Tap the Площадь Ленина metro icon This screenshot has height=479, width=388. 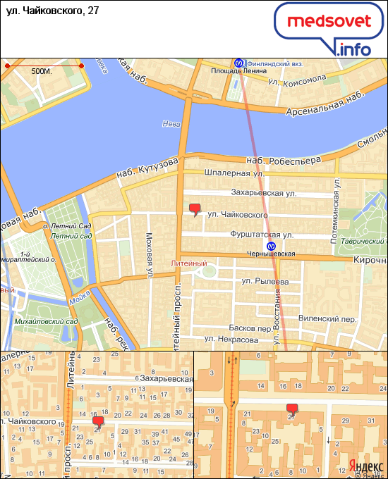(x=239, y=61)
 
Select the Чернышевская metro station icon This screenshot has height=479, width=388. (x=271, y=245)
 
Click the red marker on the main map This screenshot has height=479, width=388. (x=195, y=209)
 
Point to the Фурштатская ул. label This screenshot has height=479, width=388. (x=261, y=234)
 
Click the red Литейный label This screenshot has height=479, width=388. (x=189, y=263)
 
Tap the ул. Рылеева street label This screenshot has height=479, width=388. (x=265, y=282)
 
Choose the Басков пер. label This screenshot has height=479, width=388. (x=250, y=328)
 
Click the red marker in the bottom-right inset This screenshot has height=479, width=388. (x=292, y=409)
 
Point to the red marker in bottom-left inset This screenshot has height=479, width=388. (x=98, y=421)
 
